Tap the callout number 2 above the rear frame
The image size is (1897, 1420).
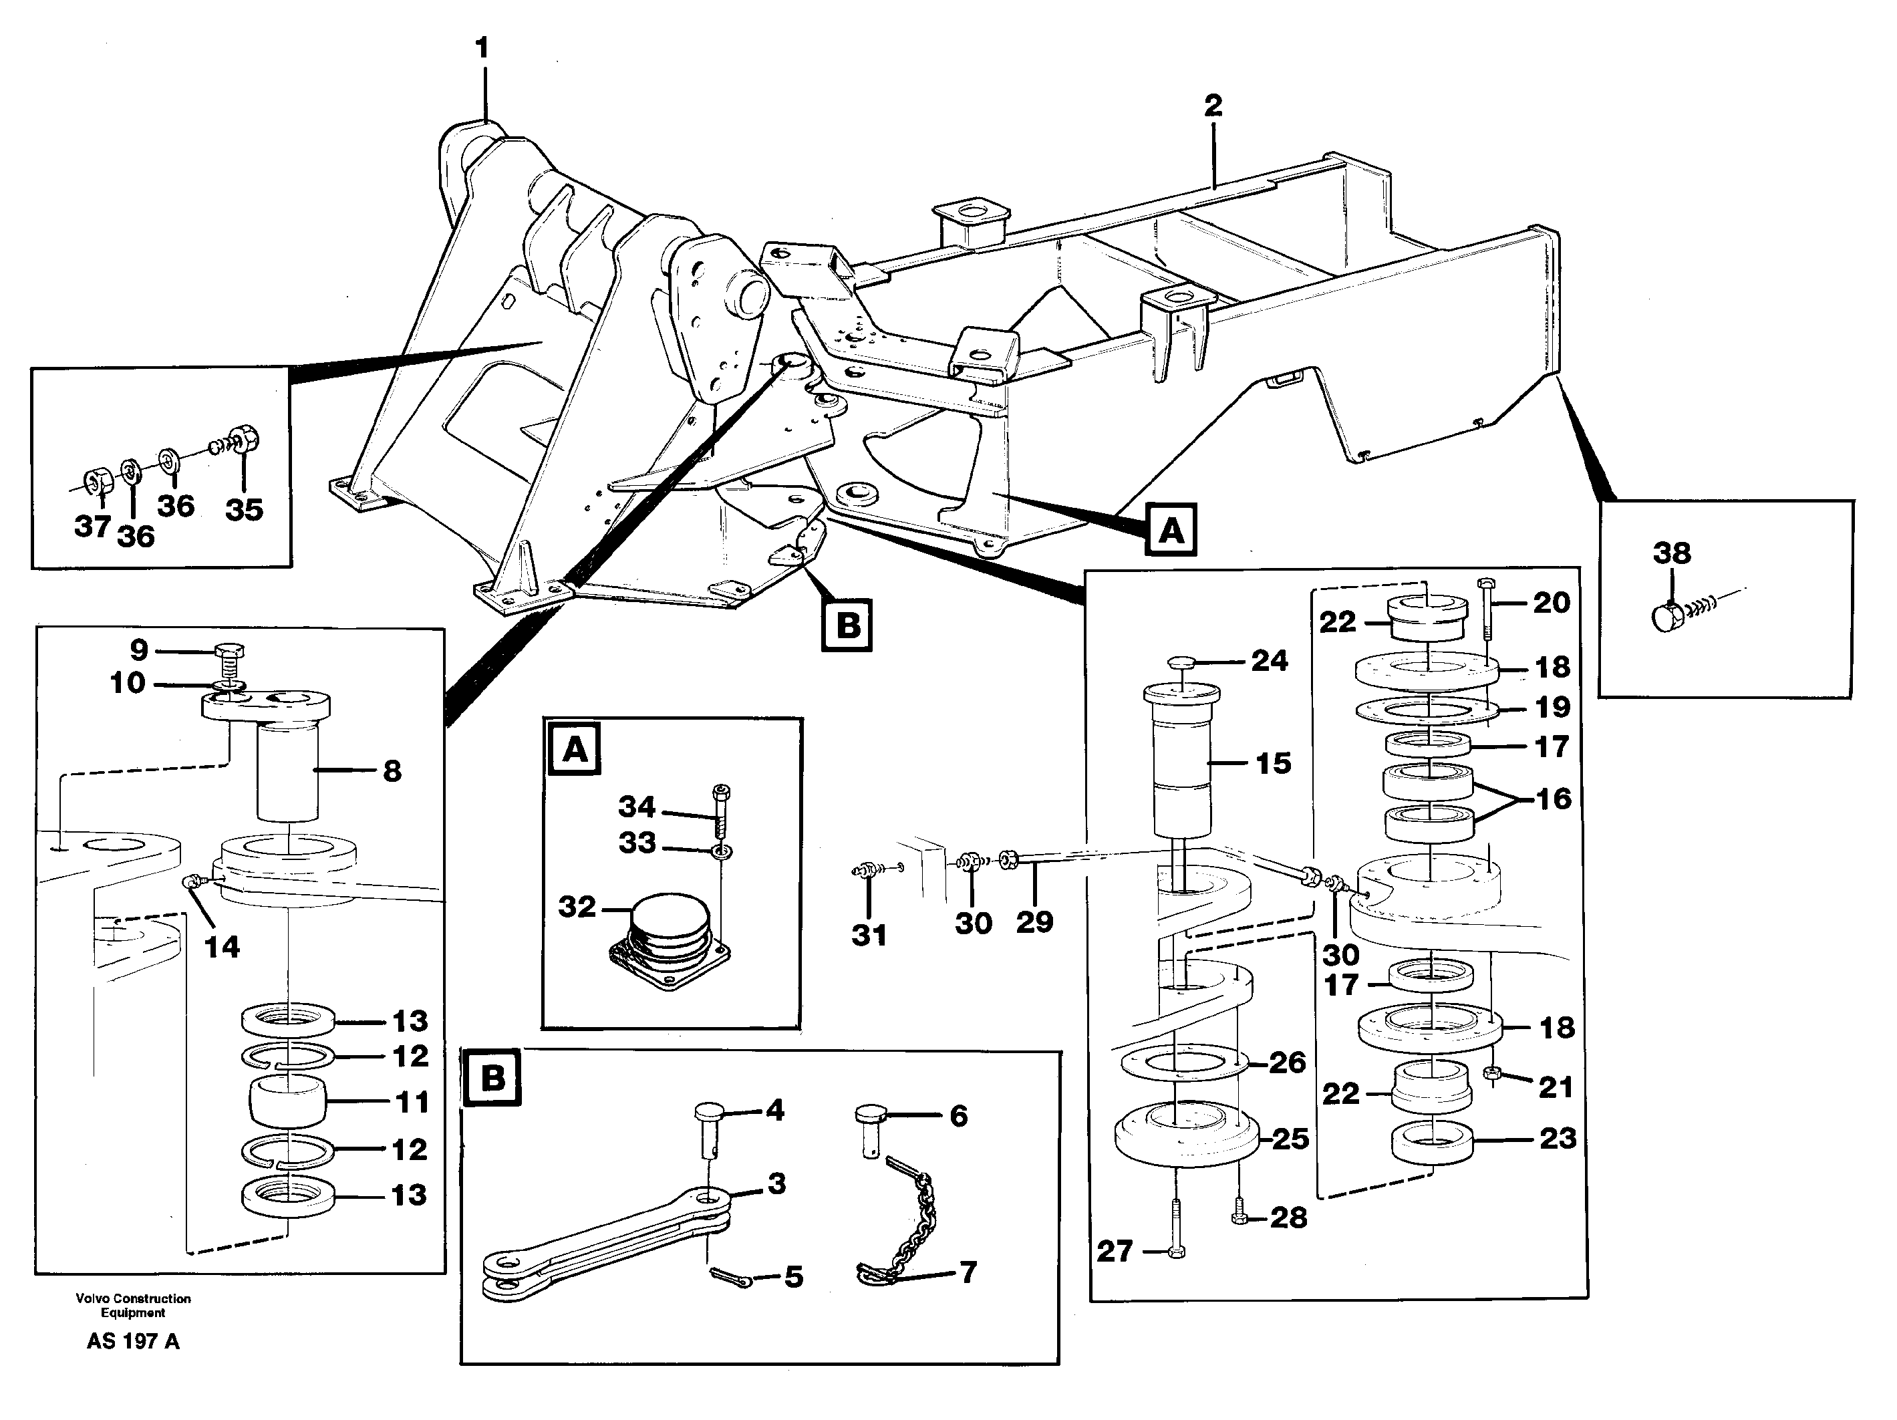[x=1213, y=106]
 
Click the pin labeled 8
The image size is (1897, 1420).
[x=287, y=770]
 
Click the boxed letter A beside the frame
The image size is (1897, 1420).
[x=1171, y=531]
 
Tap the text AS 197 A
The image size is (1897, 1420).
[x=133, y=1342]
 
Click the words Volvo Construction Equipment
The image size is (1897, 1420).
[x=133, y=1305]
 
